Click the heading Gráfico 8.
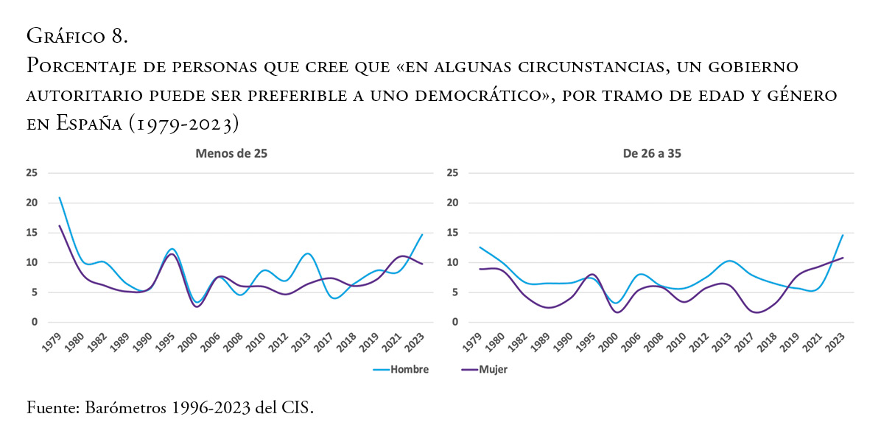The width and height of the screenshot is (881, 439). (x=78, y=35)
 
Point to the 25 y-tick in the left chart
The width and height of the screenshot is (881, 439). (x=31, y=173)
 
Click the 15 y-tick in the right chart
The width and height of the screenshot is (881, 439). (x=453, y=233)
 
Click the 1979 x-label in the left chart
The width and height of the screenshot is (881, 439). (x=52, y=342)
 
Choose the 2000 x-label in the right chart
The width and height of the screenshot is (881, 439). (x=610, y=342)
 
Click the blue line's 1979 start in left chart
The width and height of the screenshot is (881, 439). (x=59, y=197)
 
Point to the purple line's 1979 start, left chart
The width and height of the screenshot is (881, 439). (x=59, y=225)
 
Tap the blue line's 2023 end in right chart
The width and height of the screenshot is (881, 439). (x=843, y=235)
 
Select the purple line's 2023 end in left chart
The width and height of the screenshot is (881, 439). (x=421, y=264)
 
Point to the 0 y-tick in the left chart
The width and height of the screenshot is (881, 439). (x=34, y=322)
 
